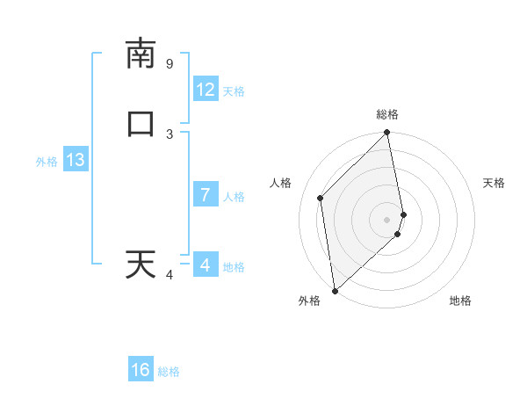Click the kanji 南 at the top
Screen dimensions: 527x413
[x=141, y=54]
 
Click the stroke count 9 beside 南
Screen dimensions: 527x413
[x=170, y=64]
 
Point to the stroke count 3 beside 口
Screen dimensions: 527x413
[x=170, y=134]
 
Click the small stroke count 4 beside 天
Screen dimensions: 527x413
[x=170, y=275]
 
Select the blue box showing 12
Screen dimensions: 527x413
[x=206, y=90]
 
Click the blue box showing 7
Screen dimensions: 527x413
[x=206, y=195]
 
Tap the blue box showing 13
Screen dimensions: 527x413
[x=76, y=160]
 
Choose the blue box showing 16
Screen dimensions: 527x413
[x=141, y=370]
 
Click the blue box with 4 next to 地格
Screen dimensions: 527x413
[x=206, y=264]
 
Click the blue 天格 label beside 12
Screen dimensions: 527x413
[x=234, y=91]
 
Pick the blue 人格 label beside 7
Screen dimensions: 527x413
[x=234, y=196]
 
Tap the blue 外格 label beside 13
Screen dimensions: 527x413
[x=47, y=162]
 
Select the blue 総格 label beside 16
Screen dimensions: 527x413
[x=169, y=372]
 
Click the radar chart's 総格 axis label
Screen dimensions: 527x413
[x=387, y=114]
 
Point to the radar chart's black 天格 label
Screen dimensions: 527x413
[x=495, y=183]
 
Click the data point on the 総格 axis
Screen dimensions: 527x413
[x=387, y=134]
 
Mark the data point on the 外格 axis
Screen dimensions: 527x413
[x=335, y=290]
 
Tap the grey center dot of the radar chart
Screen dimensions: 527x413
[x=387, y=220]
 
